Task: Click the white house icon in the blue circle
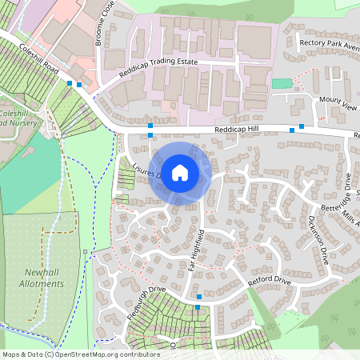pyautogui.click(x=180, y=172)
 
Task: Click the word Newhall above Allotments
pyautogui.click(x=42, y=272)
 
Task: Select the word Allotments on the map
pyautogui.click(x=42, y=283)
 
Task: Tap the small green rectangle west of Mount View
pyautogui.click(x=281, y=84)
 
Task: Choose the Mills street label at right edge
pyautogui.click(x=350, y=214)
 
